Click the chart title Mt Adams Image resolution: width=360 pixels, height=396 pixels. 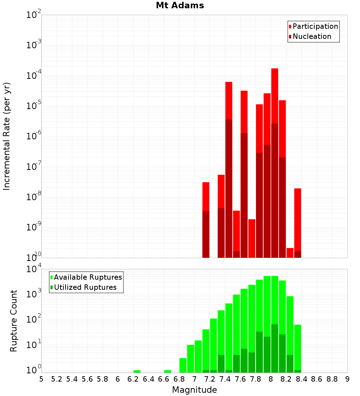(180, 5)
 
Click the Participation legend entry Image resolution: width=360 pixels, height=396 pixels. (315, 26)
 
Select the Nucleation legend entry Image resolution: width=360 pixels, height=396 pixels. (312, 36)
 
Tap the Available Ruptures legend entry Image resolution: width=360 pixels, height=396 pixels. (87, 277)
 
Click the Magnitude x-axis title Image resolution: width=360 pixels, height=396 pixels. (194, 390)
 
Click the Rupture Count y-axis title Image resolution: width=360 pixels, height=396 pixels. (14, 321)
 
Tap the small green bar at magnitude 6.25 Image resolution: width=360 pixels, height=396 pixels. (137, 371)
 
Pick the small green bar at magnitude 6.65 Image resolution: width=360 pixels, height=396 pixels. (167, 371)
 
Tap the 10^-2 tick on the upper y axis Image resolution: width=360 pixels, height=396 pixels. (34, 15)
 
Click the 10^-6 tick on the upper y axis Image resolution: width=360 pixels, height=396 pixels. (34, 136)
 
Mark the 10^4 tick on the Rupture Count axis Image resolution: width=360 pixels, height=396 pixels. (34, 270)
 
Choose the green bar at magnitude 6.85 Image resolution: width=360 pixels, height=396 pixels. (183, 365)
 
